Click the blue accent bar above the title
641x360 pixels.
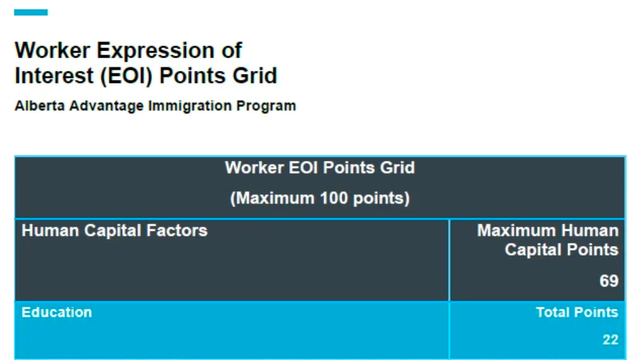coord(30,12)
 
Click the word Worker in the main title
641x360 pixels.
coord(53,51)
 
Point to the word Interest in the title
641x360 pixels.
coord(54,76)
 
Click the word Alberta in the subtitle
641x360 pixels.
coord(40,106)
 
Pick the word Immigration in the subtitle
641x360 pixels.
coord(190,106)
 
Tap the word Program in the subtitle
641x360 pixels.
coord(266,106)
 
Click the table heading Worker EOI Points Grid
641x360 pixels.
coord(320,168)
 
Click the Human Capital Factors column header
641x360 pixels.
coord(115,230)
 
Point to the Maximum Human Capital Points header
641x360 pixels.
coord(547,240)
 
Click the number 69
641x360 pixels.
coord(609,281)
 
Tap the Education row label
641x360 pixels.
coord(57,313)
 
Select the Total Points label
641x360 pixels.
coord(577,313)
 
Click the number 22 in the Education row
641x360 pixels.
coord(611,340)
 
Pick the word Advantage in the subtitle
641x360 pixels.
coord(106,106)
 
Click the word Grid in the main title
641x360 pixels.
coord(255,76)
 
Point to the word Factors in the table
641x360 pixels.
coord(177,230)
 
